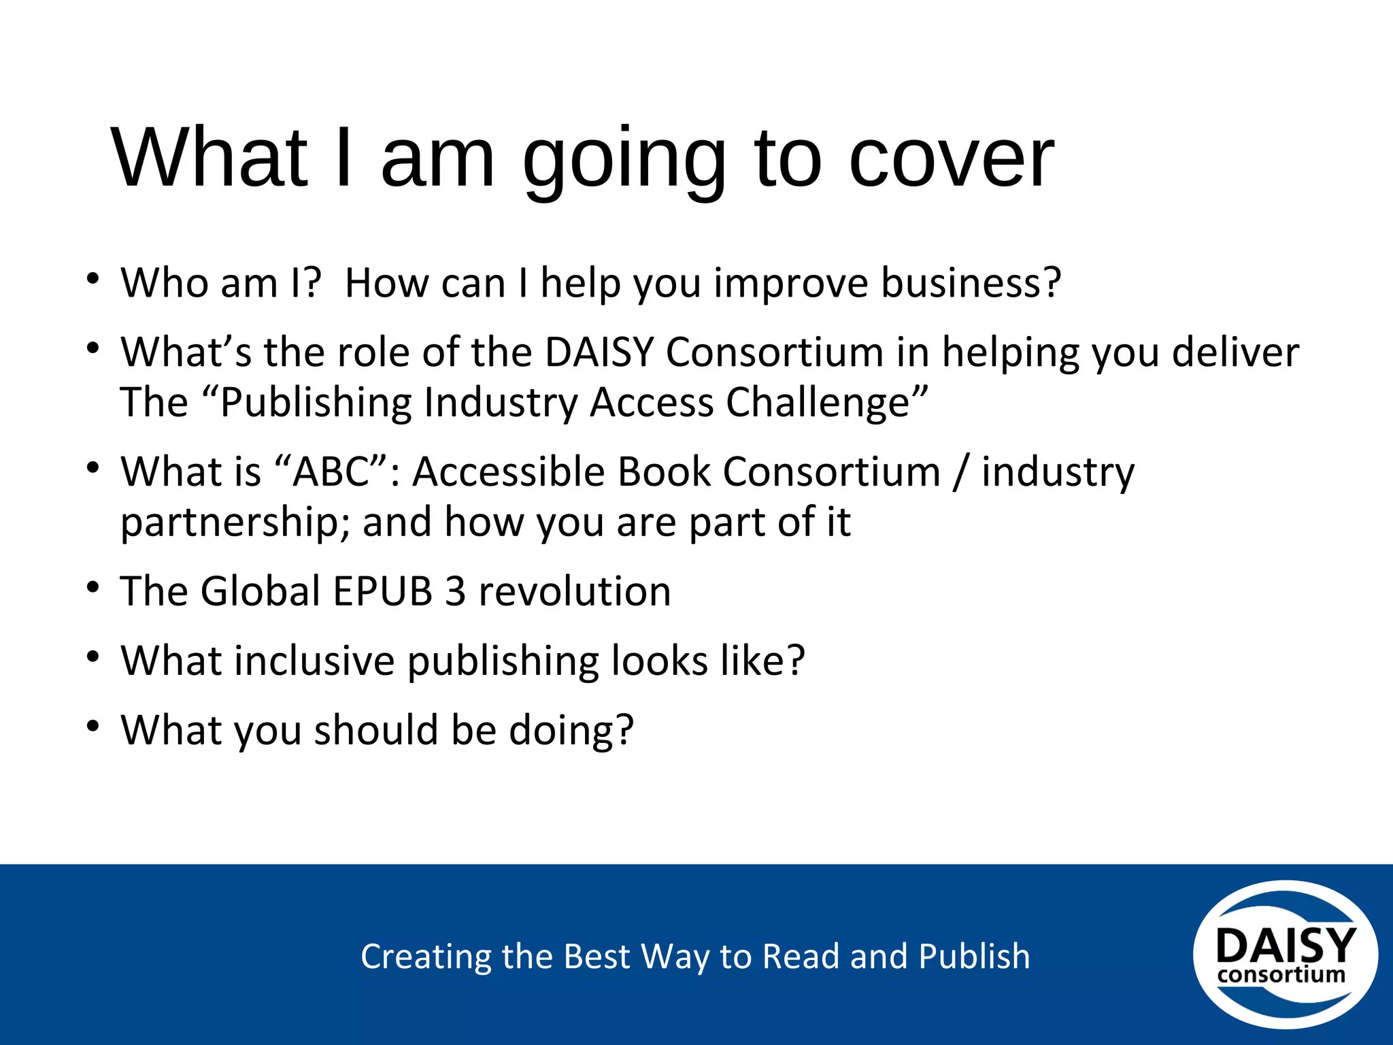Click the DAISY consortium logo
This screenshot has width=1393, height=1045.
pyautogui.click(x=1285, y=955)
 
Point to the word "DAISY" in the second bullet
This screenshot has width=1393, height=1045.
pyautogui.click(x=599, y=352)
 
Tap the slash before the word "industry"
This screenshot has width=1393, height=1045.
pyautogui.click(x=960, y=472)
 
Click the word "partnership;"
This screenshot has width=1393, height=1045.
pyautogui.click(x=235, y=522)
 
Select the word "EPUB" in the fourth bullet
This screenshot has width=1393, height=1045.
pyautogui.click(x=382, y=591)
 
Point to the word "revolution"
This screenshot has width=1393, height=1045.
pyautogui.click(x=575, y=591)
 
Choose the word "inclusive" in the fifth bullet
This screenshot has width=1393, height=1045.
pyautogui.click(x=314, y=661)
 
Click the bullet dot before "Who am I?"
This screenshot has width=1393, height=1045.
pyautogui.click(x=93, y=279)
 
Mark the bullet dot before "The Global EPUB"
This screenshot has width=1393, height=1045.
pyautogui.click(x=93, y=587)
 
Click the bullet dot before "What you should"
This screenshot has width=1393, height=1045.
pyautogui.click(x=93, y=726)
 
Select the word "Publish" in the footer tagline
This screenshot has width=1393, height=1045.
pyautogui.click(x=974, y=957)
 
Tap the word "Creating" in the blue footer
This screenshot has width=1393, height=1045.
pyautogui.click(x=425, y=957)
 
